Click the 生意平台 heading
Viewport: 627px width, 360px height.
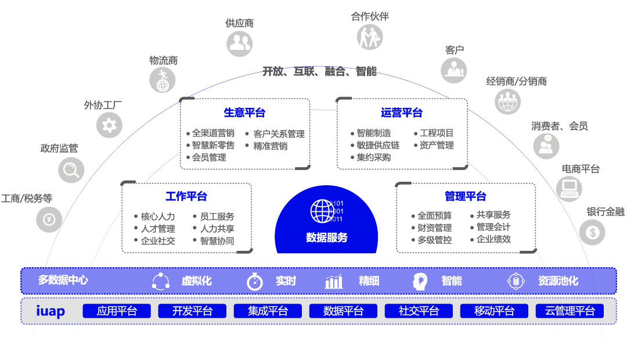coord(244,113)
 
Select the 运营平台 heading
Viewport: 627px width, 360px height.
coord(402,113)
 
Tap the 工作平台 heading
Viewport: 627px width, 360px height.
coord(186,196)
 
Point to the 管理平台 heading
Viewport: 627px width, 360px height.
coord(466,196)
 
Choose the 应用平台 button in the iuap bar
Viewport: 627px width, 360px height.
coord(117,311)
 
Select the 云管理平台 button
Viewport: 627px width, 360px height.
coord(570,311)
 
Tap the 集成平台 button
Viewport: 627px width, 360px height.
coord(268,311)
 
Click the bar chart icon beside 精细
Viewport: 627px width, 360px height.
coord(334,282)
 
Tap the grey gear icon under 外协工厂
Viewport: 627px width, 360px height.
coord(109,125)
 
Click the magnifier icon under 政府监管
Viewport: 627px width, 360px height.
coord(71,170)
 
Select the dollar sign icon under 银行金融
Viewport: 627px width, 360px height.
coord(592,233)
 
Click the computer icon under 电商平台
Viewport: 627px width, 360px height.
coord(569,188)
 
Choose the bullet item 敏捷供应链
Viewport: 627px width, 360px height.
coord(378,145)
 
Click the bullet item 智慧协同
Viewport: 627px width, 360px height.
coord(217,240)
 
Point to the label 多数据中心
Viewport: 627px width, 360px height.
coord(63,280)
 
